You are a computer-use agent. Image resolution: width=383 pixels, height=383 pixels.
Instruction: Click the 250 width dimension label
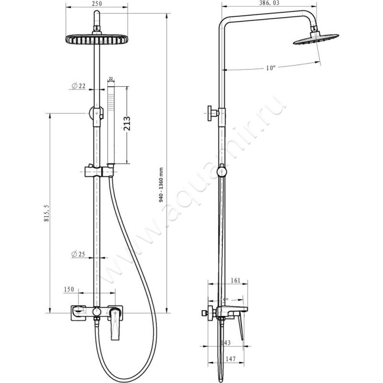(x=97, y=3)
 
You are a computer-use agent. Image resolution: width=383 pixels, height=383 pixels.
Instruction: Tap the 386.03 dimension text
(x=269, y=3)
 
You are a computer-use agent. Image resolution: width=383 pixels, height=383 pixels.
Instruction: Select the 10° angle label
(x=270, y=68)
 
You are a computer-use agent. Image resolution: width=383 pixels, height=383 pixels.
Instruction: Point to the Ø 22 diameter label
(x=79, y=86)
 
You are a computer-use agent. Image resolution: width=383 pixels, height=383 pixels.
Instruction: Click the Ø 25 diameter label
(x=78, y=254)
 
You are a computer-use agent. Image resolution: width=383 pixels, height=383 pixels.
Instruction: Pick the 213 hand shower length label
(x=127, y=124)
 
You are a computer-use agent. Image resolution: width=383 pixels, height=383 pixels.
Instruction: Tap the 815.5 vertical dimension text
(x=46, y=213)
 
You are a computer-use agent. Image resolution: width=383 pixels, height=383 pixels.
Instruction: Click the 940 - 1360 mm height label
(x=161, y=185)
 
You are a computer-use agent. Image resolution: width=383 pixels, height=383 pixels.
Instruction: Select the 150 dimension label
(x=69, y=290)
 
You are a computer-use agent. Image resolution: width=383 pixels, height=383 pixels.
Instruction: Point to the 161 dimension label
(x=236, y=281)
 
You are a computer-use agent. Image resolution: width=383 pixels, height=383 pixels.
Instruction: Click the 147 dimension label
(x=231, y=359)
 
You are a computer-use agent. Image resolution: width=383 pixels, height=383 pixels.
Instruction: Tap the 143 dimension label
(x=225, y=343)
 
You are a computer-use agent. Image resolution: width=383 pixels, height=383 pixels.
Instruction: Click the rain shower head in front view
(x=97, y=40)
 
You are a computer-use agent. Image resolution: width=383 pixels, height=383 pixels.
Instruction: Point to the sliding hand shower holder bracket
(x=100, y=171)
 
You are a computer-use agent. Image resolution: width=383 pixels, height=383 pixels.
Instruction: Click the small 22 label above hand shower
(x=111, y=79)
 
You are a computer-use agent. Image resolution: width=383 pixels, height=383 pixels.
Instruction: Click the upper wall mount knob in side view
(x=213, y=113)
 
